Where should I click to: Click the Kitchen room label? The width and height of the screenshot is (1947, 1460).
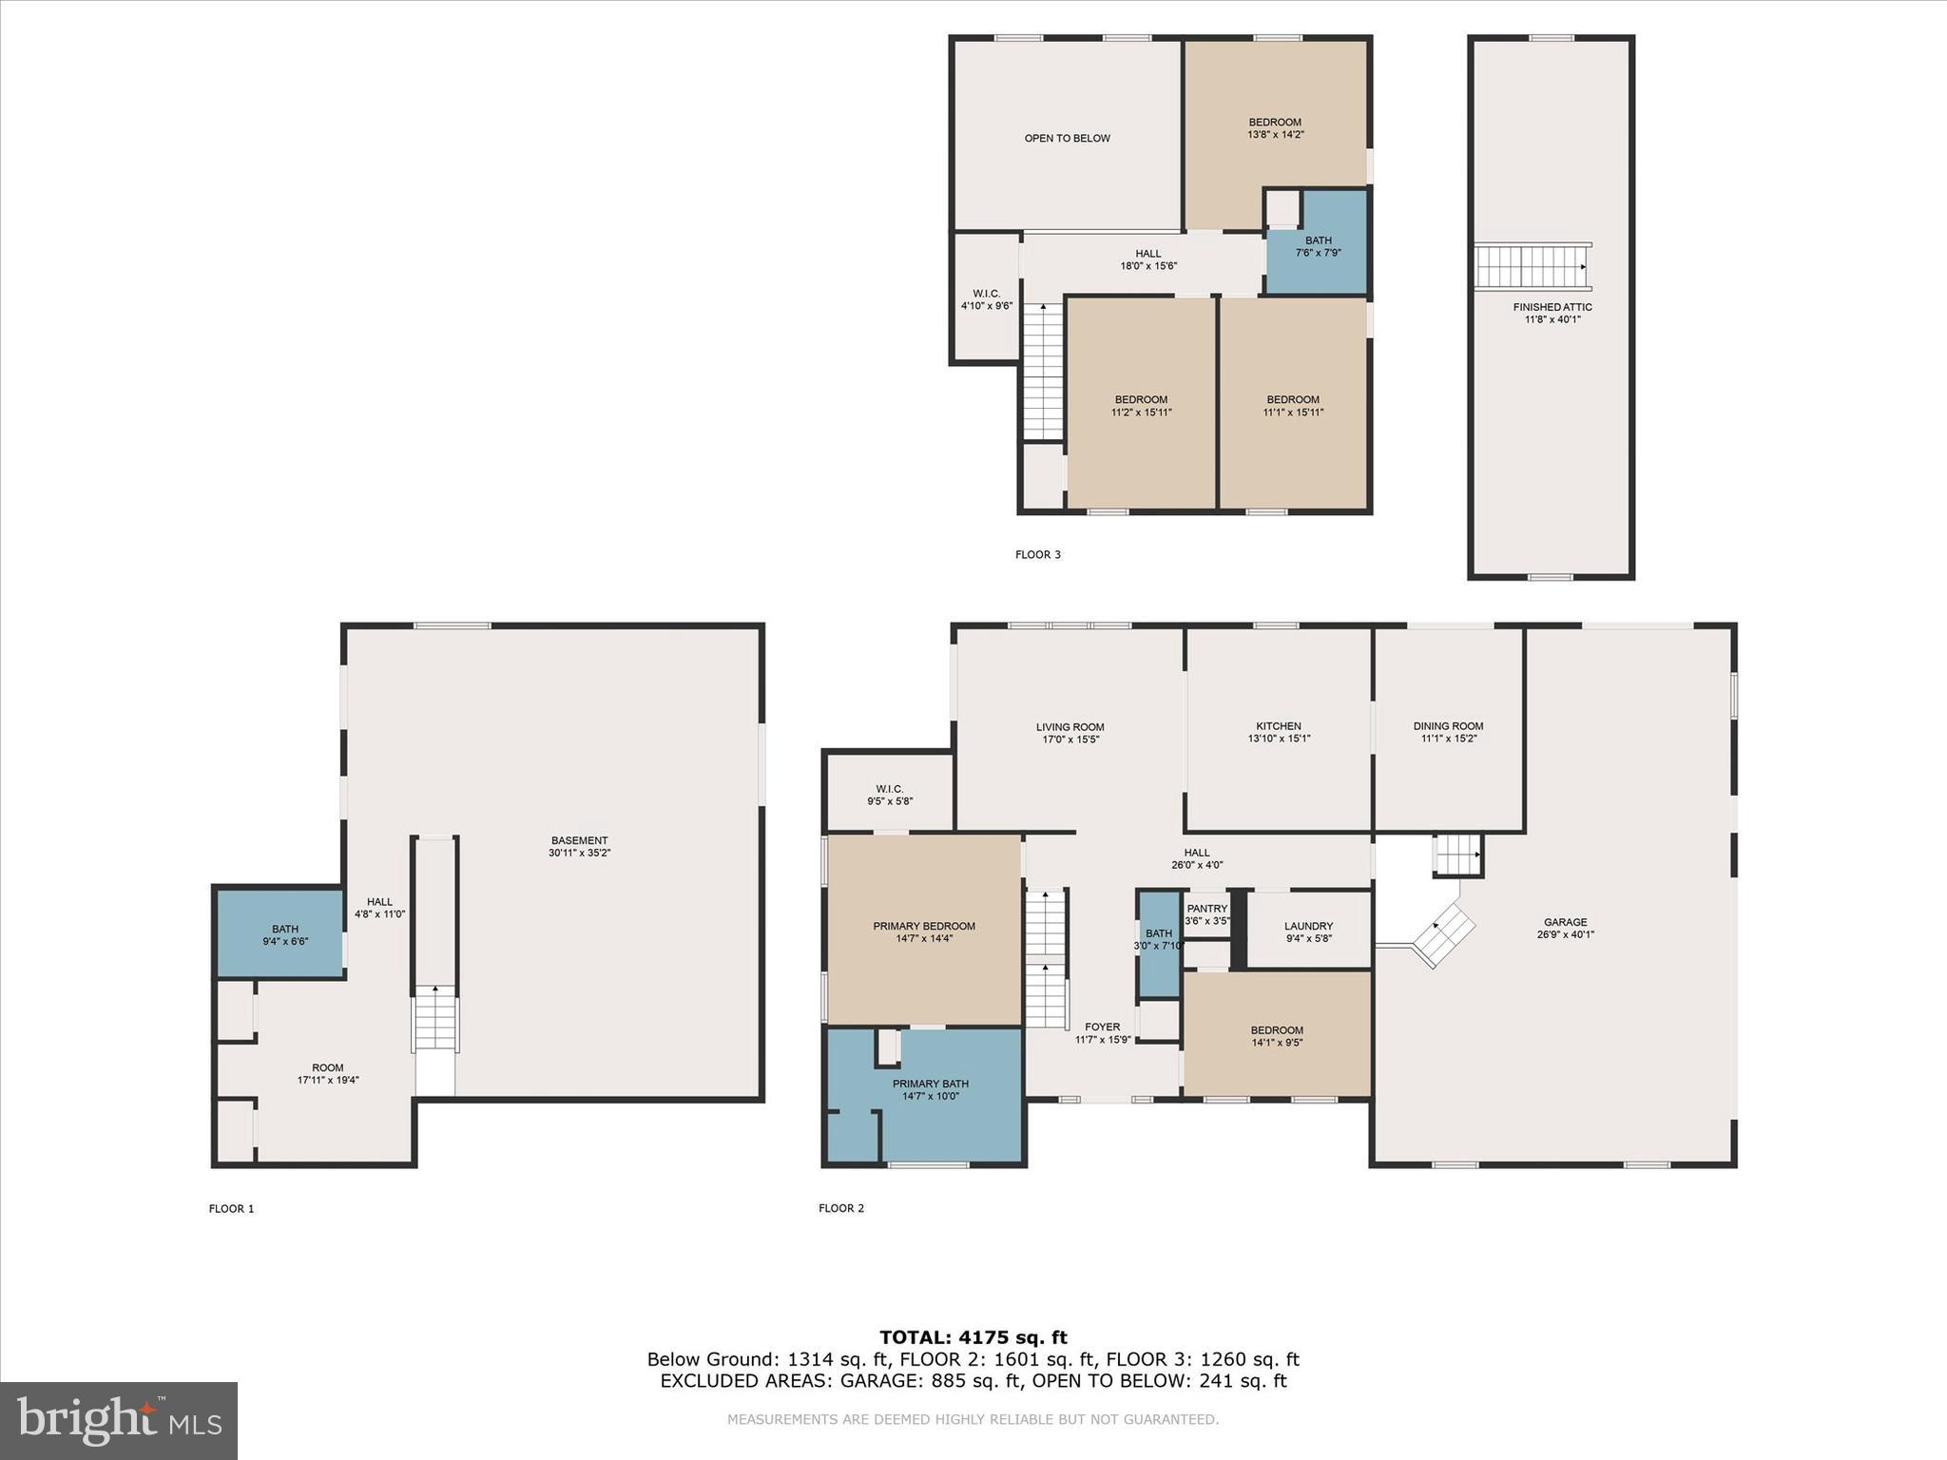click(x=1279, y=726)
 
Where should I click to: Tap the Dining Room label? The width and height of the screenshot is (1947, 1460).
click(x=1448, y=726)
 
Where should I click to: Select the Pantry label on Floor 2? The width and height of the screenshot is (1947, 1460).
click(x=1207, y=909)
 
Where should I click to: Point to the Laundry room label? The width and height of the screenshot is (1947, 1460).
click(x=1308, y=926)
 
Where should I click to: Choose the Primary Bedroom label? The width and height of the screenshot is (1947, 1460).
click(x=924, y=926)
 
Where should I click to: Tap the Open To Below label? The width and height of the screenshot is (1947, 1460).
click(x=1068, y=138)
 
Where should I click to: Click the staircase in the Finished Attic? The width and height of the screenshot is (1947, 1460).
click(x=1533, y=266)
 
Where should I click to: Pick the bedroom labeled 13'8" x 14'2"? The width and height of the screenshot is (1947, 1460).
click(x=1275, y=134)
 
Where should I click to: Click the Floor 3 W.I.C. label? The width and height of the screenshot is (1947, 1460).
click(x=987, y=293)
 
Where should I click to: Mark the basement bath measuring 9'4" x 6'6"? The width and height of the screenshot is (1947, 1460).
click(x=280, y=932)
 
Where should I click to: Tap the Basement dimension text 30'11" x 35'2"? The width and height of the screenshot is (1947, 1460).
click(x=580, y=853)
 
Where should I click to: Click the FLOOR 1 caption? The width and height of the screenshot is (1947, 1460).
click(x=232, y=1209)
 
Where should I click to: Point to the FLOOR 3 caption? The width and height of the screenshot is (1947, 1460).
click(x=1038, y=554)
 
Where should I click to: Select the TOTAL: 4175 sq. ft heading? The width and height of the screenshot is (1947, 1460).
click(x=973, y=1338)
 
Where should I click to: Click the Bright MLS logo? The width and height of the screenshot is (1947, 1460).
click(x=119, y=1420)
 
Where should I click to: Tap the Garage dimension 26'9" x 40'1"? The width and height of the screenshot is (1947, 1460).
click(x=1566, y=934)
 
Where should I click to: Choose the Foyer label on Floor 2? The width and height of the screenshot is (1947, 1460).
click(x=1103, y=1027)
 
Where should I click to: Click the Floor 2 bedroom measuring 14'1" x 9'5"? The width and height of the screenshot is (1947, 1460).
click(x=1277, y=1035)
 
